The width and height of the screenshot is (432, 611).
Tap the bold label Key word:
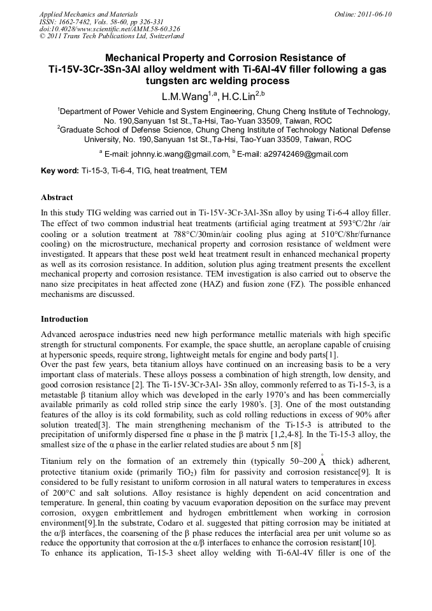[x=60, y=171]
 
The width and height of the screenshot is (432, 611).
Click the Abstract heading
[x=57, y=198]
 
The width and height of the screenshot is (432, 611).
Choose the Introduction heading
[x=64, y=319]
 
